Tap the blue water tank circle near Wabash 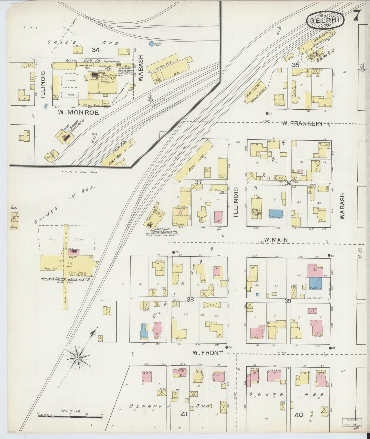151,44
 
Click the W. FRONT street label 208,353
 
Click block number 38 191,299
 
